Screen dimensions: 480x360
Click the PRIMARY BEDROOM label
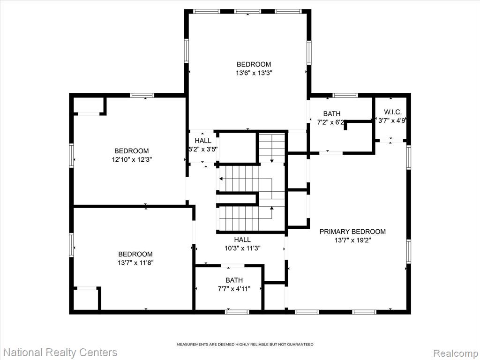point(352,232)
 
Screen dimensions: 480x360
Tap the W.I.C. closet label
point(392,112)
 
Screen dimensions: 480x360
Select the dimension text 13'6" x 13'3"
point(254,73)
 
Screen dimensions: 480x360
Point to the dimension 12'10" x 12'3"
point(132,159)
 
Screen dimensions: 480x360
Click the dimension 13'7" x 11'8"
point(135,262)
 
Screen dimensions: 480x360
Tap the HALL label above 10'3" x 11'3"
point(242,240)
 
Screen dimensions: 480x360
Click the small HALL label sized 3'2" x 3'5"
point(203,141)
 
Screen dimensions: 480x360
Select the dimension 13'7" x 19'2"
point(352,240)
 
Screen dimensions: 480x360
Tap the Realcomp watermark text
point(456,353)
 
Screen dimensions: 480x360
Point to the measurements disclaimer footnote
point(245,345)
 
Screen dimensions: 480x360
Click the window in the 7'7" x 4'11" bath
point(237,312)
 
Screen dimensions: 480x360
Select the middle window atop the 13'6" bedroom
point(247,11)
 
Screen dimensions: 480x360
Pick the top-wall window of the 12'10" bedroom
point(142,95)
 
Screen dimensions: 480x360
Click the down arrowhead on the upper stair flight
point(272,161)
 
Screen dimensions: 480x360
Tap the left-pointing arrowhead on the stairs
point(221,178)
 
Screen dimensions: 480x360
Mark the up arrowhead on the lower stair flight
point(271,208)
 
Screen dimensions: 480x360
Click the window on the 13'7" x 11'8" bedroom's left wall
point(71,245)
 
